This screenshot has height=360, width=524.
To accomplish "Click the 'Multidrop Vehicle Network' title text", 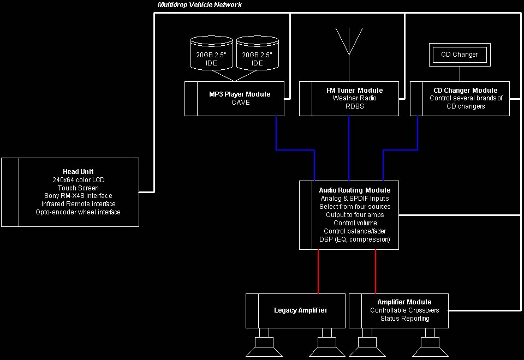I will click(x=199, y=5).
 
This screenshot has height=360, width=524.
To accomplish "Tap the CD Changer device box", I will click(x=459, y=55).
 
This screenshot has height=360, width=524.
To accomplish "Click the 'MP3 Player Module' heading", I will click(x=240, y=94).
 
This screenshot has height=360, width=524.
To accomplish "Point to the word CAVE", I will click(x=240, y=103).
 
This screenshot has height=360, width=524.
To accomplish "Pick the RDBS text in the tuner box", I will click(x=354, y=106).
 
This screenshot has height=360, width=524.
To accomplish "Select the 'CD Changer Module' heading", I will click(x=466, y=91).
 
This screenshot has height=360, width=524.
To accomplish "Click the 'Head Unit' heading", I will click(x=78, y=172).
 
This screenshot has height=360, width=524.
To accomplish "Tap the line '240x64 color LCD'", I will click(x=78, y=180).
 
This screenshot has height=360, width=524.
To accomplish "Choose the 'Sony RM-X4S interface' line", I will click(x=78, y=196).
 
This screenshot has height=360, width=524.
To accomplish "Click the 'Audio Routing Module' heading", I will click(x=354, y=190).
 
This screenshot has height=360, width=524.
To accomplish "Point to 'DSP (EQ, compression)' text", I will click(x=354, y=239).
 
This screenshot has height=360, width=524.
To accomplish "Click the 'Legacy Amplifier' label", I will click(x=301, y=310).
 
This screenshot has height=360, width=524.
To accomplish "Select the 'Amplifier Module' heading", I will click(x=404, y=302).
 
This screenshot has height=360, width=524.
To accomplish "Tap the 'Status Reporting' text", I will click(x=404, y=319).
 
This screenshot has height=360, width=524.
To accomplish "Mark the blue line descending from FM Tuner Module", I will click(x=349, y=147).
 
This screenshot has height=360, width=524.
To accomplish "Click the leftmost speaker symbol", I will click(x=264, y=344).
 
